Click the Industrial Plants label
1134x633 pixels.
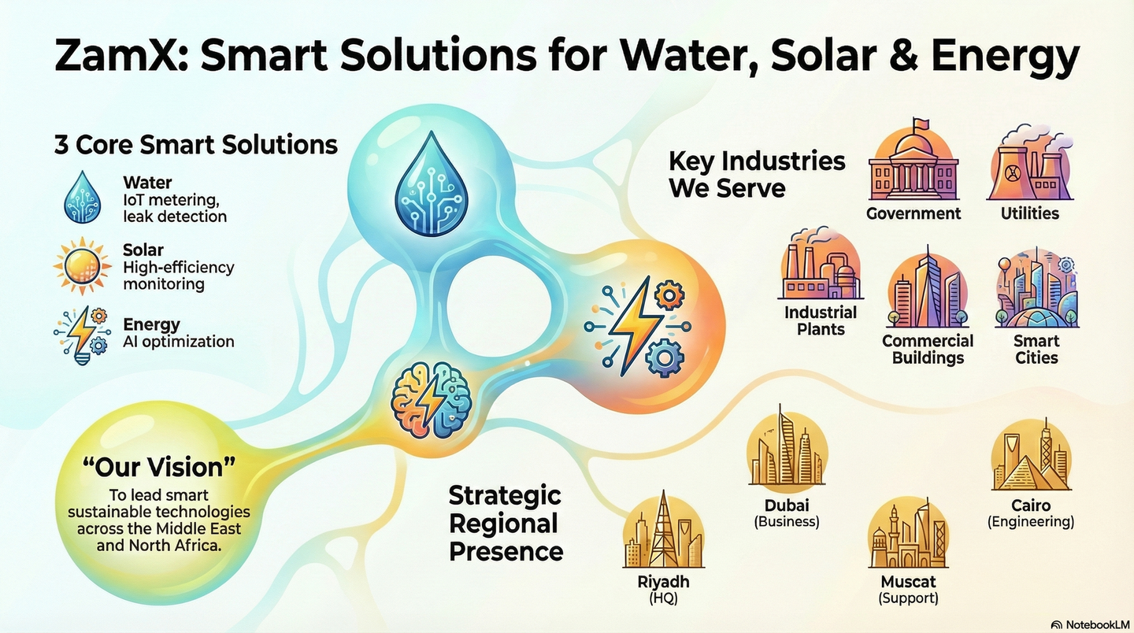point(821,320)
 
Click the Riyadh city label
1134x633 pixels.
point(663,582)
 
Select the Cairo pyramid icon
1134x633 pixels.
point(1032,454)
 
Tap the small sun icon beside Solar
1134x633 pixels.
point(83,266)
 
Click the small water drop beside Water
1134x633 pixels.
point(83,198)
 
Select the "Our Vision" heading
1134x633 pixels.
point(159,467)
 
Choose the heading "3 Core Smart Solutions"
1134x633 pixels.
point(195,145)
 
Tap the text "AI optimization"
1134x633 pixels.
point(178,342)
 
